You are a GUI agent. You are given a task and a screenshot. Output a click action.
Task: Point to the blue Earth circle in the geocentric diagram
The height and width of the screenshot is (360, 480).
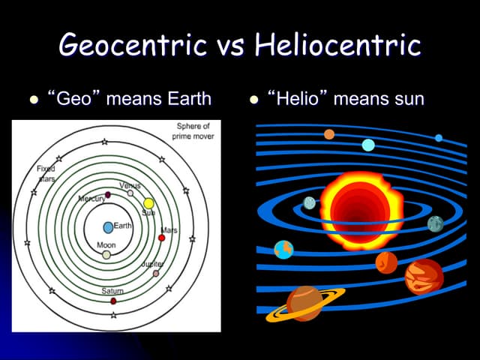tap(108, 226)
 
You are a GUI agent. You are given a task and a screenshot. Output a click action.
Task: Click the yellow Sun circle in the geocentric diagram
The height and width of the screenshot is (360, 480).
tap(148, 203)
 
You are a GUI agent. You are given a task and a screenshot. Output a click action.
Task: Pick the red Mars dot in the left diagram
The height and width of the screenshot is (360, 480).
tap(161, 238)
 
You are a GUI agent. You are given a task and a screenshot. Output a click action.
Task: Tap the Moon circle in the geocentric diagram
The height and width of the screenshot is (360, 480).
tap(106, 255)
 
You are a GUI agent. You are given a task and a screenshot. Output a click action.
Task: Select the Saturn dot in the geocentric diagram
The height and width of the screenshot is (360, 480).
tap(113, 301)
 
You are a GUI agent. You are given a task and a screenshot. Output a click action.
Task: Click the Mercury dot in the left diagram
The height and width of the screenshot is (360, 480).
tap(108, 195)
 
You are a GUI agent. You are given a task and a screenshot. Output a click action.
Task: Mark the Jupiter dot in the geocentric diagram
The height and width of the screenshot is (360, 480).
tap(156, 274)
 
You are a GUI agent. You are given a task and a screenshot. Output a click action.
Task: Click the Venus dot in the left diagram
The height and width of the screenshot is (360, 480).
tap(130, 193)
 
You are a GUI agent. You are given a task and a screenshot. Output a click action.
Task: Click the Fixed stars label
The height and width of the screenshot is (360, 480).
tap(46, 174)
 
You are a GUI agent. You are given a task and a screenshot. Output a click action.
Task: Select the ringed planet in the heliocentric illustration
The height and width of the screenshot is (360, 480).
tap(304, 302)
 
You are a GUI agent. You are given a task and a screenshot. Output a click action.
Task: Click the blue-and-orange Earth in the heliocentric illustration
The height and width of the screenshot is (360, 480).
tap(283, 249)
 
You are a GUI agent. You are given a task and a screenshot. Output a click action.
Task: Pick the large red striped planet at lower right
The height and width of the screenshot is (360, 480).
tap(424, 276)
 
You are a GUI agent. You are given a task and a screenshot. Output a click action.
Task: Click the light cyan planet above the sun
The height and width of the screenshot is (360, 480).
tap(368, 145)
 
